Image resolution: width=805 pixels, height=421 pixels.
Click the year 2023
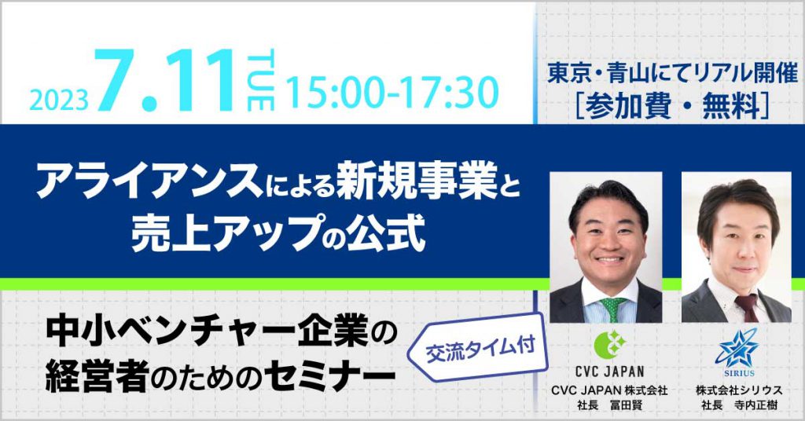[x=59, y=101]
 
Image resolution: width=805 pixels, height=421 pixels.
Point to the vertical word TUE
[x=261, y=80]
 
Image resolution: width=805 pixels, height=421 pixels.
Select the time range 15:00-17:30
[x=391, y=93]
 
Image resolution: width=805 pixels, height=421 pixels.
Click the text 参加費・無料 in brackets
[x=673, y=108]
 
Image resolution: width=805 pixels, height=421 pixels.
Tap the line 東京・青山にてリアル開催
[x=673, y=75]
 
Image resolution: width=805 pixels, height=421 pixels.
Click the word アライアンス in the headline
[x=149, y=185]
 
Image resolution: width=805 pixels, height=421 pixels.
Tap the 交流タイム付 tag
[x=480, y=350]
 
